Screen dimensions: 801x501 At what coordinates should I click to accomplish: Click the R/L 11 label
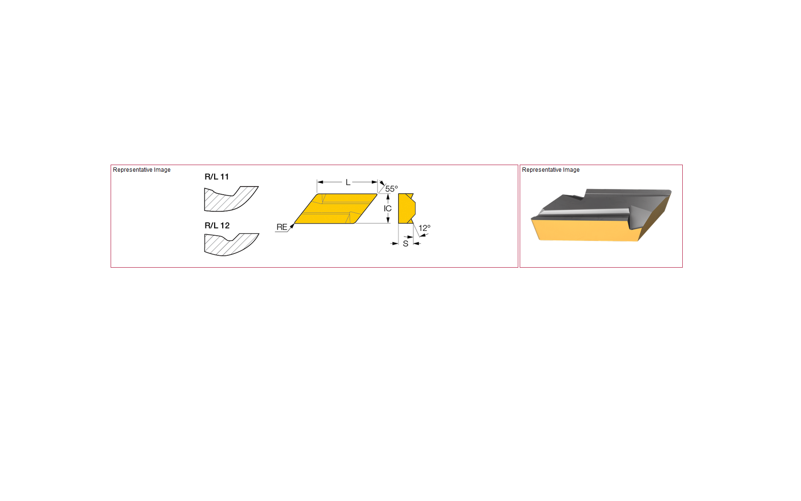click(216, 177)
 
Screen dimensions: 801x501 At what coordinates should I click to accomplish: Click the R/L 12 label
click(216, 225)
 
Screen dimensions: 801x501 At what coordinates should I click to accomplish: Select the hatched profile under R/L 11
click(231, 198)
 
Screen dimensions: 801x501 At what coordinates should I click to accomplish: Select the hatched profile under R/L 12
click(231, 245)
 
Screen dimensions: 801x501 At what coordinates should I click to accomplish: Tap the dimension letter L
click(348, 182)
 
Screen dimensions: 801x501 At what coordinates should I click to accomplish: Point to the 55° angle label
click(391, 188)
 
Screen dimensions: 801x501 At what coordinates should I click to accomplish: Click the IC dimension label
click(388, 208)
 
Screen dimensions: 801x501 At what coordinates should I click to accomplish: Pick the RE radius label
click(282, 227)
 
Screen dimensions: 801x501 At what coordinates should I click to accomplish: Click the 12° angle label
click(424, 228)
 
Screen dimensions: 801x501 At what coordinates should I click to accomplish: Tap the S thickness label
click(405, 244)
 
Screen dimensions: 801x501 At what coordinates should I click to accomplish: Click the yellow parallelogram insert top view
click(336, 209)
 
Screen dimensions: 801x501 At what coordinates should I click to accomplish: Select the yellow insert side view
click(407, 209)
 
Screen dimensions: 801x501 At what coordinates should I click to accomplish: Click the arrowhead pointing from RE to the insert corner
click(292, 226)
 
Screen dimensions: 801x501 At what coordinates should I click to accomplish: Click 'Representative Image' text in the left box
click(142, 170)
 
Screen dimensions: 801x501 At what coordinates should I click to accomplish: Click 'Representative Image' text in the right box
click(551, 170)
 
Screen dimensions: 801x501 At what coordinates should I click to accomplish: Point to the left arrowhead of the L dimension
click(320, 182)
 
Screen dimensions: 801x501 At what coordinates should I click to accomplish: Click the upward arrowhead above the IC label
click(388, 197)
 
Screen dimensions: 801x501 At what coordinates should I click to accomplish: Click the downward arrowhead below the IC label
click(388, 220)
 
